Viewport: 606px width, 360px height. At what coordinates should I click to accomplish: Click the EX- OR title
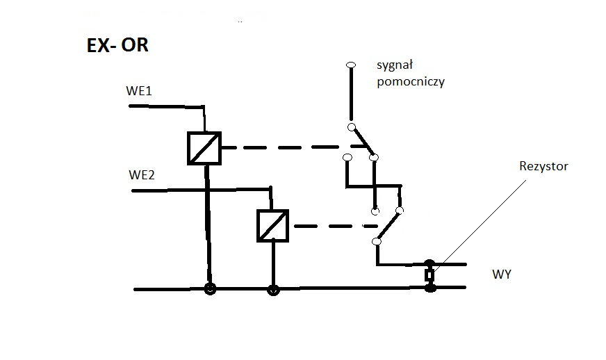click(117, 45)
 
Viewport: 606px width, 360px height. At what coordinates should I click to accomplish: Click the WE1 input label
click(139, 91)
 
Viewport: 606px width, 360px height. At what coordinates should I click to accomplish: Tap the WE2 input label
click(142, 174)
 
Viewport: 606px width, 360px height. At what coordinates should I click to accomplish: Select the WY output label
click(502, 274)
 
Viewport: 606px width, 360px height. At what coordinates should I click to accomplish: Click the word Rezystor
click(543, 166)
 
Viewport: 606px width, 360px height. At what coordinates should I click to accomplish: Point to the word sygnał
click(395, 65)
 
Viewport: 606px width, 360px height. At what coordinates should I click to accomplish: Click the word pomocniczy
click(411, 81)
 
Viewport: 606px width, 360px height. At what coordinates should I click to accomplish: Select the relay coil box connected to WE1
click(204, 149)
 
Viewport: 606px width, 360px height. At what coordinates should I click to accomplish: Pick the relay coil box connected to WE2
click(273, 226)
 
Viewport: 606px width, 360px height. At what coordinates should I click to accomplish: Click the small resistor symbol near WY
click(429, 275)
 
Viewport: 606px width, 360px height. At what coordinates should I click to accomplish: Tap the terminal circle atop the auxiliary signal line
click(351, 65)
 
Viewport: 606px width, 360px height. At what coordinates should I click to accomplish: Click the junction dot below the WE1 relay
click(210, 289)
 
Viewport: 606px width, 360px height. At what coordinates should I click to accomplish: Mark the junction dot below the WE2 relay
click(273, 290)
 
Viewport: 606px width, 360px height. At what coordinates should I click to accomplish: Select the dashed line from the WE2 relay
click(336, 226)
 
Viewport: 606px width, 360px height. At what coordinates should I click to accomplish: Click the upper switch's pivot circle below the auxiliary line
click(352, 127)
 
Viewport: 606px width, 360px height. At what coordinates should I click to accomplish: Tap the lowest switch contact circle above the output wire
click(377, 242)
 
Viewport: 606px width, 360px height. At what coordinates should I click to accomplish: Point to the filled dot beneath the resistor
click(430, 288)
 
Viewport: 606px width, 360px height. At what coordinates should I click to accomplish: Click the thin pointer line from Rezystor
click(480, 225)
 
